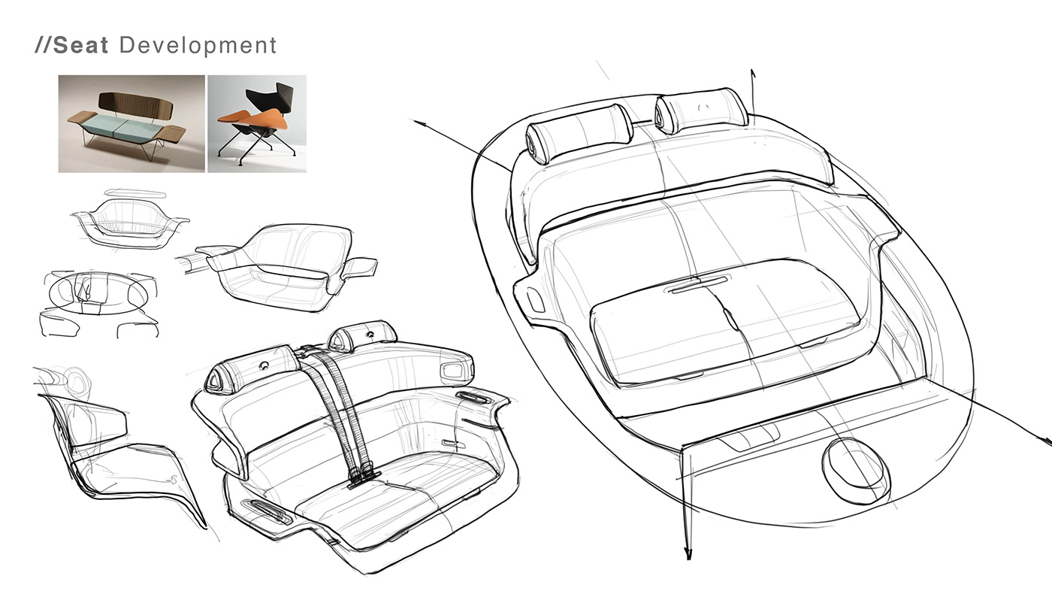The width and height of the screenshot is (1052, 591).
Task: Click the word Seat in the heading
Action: [81, 45]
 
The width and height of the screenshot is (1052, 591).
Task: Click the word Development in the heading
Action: [198, 45]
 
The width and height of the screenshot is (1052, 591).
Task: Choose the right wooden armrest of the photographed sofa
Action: [172, 134]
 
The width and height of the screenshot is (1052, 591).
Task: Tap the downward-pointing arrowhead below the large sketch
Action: [687, 554]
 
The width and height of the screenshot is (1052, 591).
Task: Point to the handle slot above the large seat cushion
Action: [700, 284]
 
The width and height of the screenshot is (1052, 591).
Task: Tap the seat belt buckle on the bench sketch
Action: [365, 474]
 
